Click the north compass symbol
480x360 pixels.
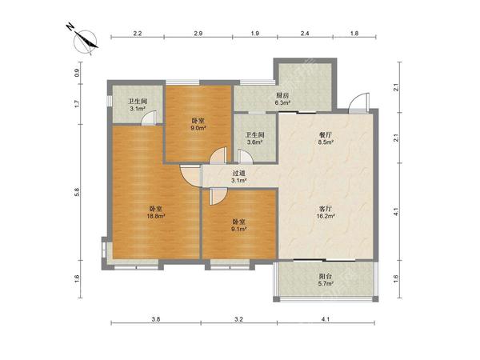[x=83, y=41]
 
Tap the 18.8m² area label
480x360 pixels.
[x=156, y=216]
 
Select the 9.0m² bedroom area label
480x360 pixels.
[x=198, y=128]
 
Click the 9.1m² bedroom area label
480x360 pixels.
[x=239, y=229]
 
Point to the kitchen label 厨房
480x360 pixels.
[x=282, y=95]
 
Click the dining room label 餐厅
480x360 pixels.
[x=326, y=134]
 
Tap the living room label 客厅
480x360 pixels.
[x=326, y=209]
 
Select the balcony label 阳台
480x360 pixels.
[x=326, y=276]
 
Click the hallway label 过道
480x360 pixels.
[x=238, y=174]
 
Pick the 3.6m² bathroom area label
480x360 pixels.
[x=255, y=142]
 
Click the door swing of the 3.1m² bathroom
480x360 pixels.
[x=149, y=118]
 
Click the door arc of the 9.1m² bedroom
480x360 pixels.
[x=218, y=197]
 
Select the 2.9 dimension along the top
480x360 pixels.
[x=198, y=34]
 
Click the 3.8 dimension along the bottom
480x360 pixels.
[x=155, y=319]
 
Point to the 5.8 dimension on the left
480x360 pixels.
[x=77, y=192]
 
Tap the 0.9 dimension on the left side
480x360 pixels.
[x=77, y=73]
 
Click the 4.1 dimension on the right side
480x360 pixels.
[x=396, y=211]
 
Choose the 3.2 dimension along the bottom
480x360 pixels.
[x=238, y=319]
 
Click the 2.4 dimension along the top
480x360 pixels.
[x=305, y=34]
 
